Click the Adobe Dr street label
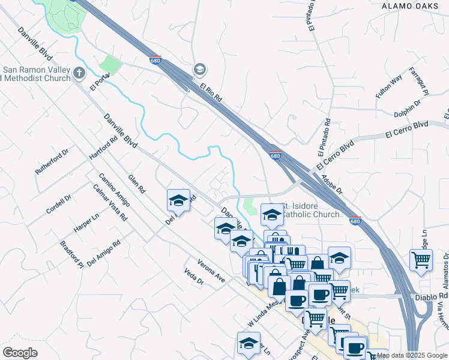click(x=331, y=183)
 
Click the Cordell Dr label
click(x=59, y=204)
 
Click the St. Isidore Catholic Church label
click(x=310, y=209)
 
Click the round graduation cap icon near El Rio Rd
click(x=199, y=71)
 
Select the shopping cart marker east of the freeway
click(x=421, y=260)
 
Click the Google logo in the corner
click(x=20, y=353)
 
